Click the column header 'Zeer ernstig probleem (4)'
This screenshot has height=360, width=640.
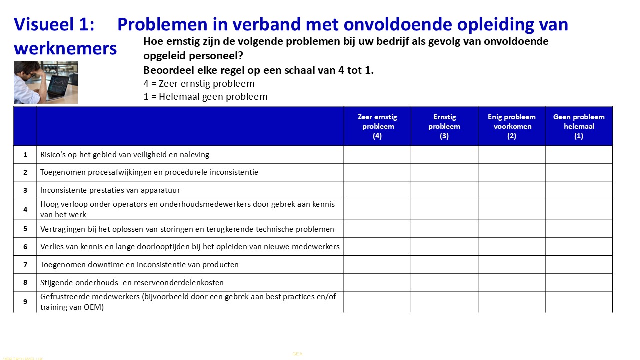click(377, 126)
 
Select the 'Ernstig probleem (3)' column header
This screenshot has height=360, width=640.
click(444, 126)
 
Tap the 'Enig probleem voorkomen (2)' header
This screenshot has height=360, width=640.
click(511, 126)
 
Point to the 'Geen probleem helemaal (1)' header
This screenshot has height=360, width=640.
click(579, 126)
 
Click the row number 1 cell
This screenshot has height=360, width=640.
click(25, 155)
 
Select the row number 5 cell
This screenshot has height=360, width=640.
click(25, 229)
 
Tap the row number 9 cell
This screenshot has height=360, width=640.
click(25, 302)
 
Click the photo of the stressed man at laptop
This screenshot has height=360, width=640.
click(46, 82)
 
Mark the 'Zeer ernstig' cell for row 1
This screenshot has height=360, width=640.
click(377, 155)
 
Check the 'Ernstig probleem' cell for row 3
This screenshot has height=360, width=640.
click(444, 190)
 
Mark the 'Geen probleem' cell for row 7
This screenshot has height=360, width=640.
click(579, 265)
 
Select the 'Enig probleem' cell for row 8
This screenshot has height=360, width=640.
click(511, 282)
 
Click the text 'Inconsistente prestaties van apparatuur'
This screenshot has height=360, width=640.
click(110, 190)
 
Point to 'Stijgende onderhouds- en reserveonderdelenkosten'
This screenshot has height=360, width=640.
click(132, 283)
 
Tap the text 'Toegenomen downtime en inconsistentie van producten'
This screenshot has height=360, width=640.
click(139, 265)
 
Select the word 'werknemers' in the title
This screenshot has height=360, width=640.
click(65, 48)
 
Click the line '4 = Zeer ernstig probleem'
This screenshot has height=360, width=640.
click(199, 84)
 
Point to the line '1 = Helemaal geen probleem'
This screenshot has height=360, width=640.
click(205, 97)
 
